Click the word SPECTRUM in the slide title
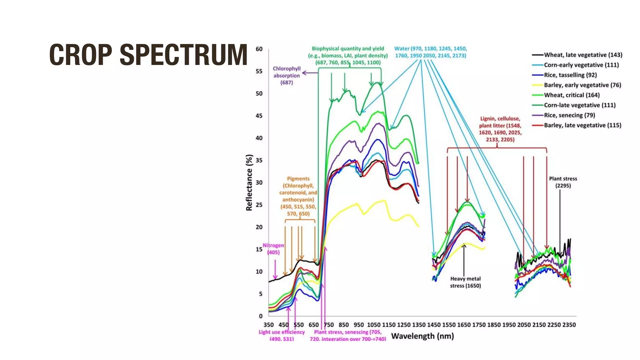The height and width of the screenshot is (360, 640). tap(183, 55)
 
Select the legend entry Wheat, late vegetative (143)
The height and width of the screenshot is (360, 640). tap(583, 55)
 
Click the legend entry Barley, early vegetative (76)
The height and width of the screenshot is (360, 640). tap(582, 85)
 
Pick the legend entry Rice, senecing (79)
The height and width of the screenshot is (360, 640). tap(569, 115)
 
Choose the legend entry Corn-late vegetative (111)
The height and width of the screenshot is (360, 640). tap(579, 105)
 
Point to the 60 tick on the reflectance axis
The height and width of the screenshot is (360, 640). tap(259, 49)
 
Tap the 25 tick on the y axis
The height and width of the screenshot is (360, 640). tap(259, 205)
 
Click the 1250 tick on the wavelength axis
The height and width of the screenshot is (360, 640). tap(404, 325)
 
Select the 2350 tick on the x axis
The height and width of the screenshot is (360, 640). tap(569, 325)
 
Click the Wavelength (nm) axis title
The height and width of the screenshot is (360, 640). tap(422, 336)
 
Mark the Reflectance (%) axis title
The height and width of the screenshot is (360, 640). tap(249, 183)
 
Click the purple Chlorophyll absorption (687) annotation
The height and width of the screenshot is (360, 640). tap(287, 76)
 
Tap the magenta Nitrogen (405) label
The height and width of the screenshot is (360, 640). tap(273, 249)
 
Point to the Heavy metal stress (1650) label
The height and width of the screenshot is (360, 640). tap(465, 282)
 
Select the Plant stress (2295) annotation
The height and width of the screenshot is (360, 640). tap(563, 182)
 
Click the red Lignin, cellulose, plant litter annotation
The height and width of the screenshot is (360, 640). tap(500, 129)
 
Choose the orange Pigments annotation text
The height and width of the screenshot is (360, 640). tap(298, 196)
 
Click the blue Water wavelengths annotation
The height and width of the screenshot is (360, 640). tap(430, 52)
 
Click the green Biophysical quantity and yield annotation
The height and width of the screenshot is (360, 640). tap(348, 56)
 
